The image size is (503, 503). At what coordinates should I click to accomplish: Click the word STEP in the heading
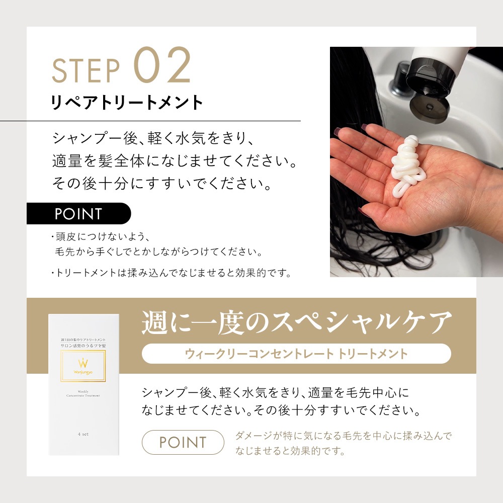86,70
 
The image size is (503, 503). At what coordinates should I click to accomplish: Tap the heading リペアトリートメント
127,102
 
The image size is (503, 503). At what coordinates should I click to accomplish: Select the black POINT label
78,213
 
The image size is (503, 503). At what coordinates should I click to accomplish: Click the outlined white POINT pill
183,443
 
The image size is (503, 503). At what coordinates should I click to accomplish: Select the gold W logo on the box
83,363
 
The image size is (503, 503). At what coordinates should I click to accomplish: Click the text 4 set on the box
83,434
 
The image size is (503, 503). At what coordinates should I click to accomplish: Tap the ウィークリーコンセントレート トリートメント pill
296,354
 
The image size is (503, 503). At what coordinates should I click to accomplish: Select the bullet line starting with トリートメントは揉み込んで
172,273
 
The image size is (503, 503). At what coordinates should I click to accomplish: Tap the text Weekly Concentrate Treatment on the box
83,393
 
